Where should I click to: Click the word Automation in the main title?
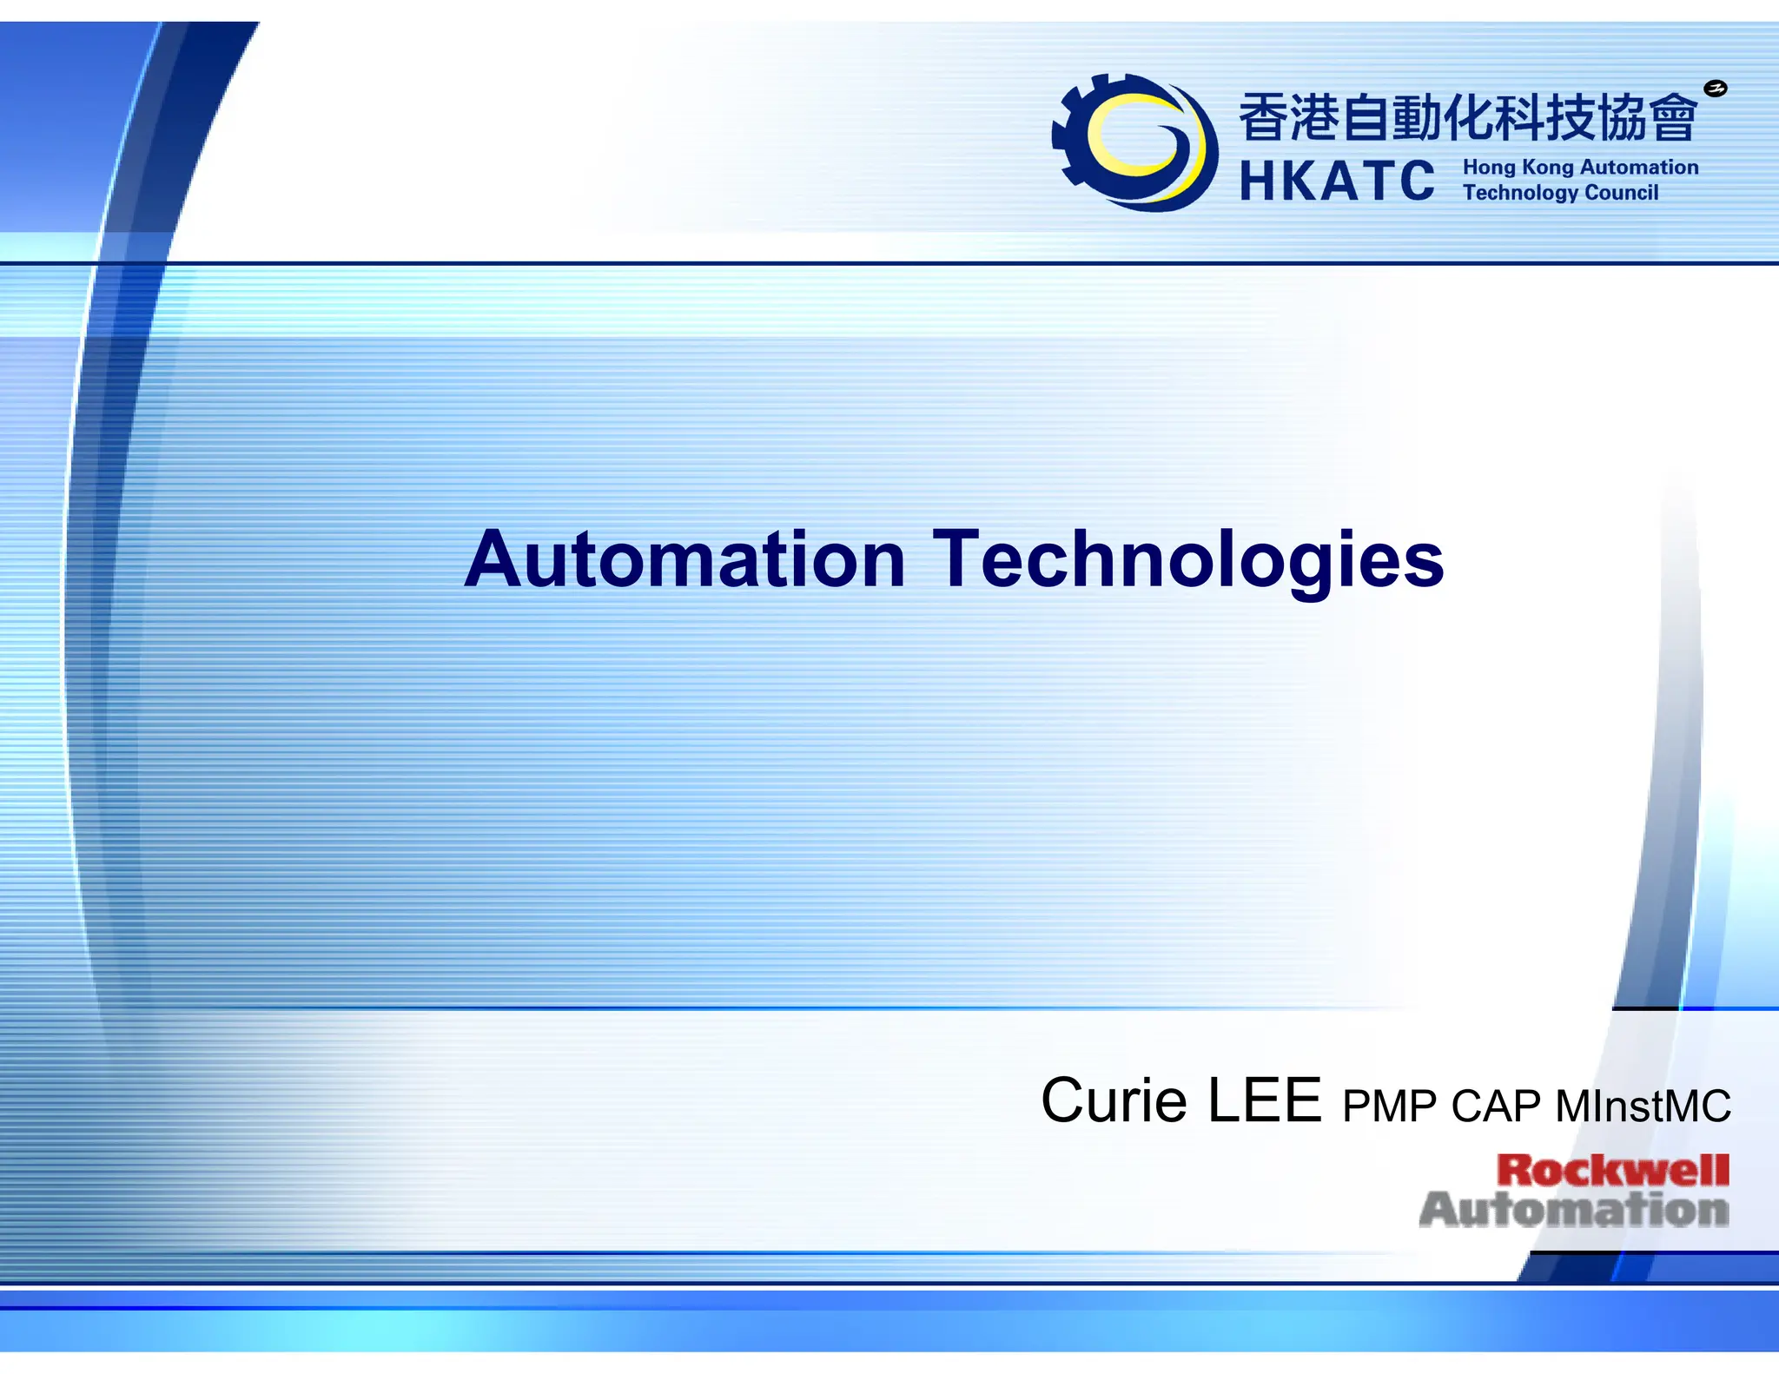[x=684, y=559]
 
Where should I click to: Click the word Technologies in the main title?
[x=1187, y=559]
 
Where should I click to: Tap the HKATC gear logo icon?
[x=1134, y=142]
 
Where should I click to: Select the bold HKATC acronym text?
[x=1337, y=182]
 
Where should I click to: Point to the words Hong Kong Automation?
[x=1580, y=167]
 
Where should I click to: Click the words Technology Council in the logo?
[x=1560, y=192]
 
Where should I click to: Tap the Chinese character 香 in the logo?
[x=1262, y=118]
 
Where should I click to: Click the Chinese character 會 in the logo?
[x=1672, y=118]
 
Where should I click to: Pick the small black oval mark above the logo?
[x=1715, y=88]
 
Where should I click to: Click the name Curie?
[x=1114, y=1101]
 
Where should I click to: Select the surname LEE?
[x=1265, y=1101]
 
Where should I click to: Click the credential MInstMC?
[x=1643, y=1106]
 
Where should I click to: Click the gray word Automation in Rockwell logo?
[x=1573, y=1210]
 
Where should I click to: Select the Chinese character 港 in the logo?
[x=1313, y=118]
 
